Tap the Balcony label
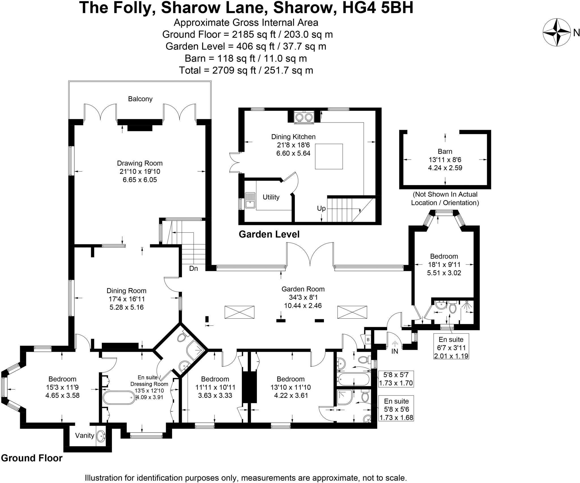tap(140, 99)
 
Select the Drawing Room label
tap(140, 163)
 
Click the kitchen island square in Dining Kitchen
tap(329, 156)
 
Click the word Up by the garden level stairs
tap(321, 209)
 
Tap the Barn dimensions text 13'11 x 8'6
tap(445, 160)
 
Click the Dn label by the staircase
tap(193, 268)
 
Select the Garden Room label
tap(303, 289)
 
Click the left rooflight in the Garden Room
tap(239, 312)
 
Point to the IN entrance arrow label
tap(395, 351)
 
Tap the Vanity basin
tap(101, 436)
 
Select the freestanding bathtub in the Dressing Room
tap(119, 398)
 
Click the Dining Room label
tap(126, 291)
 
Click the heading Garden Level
tap(269, 234)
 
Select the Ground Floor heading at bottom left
tap(32, 458)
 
